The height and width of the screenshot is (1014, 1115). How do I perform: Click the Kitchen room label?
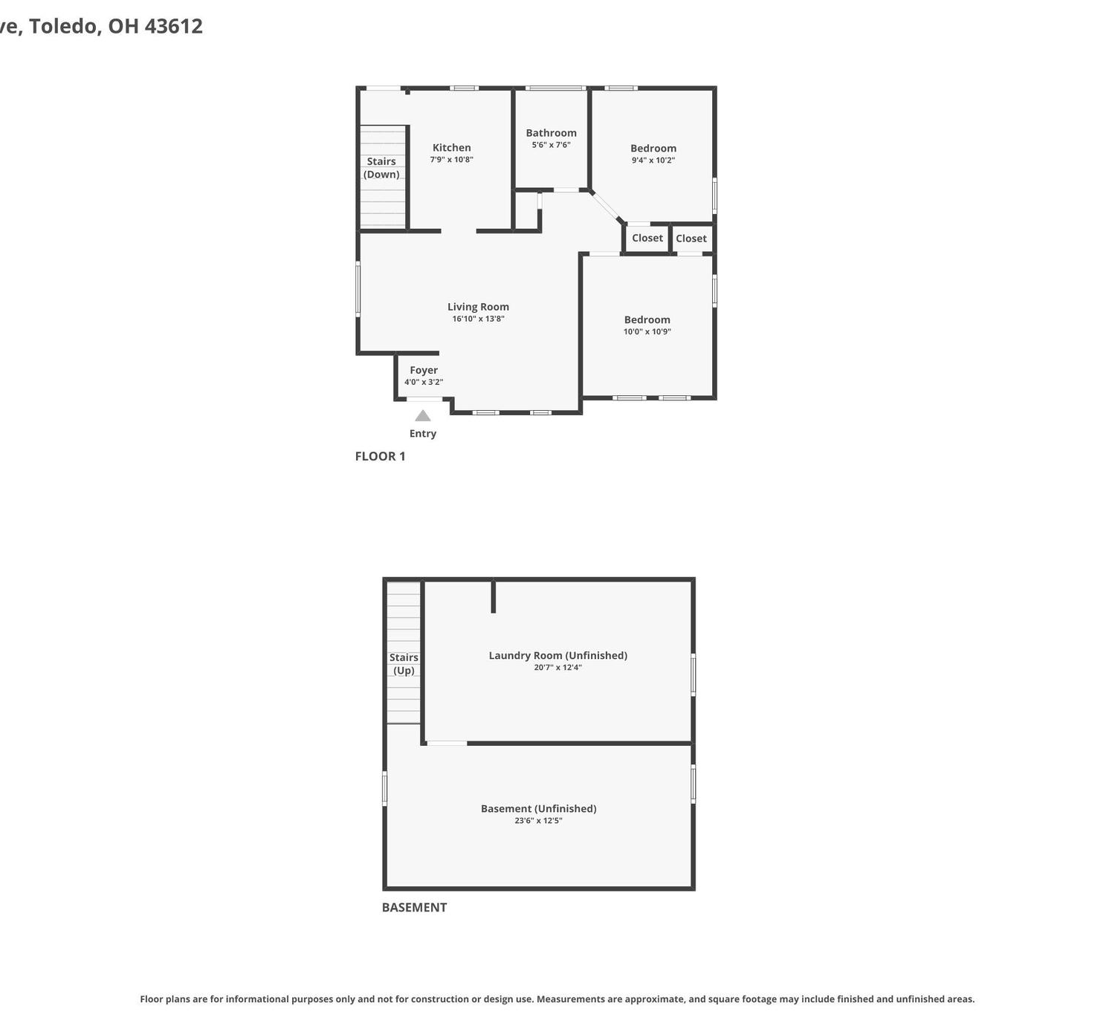451,148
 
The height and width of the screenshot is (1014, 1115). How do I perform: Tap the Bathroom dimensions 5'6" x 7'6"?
551,145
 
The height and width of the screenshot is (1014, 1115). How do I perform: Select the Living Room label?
478,308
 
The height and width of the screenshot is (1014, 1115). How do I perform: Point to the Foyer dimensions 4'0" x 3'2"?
424,383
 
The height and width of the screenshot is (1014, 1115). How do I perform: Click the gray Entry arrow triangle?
423,416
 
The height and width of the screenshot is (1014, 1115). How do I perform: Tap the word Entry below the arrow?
423,434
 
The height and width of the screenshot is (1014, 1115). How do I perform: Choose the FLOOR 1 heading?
380,456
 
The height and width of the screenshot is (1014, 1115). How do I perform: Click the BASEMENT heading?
414,907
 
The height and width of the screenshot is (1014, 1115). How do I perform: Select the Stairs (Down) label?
381,168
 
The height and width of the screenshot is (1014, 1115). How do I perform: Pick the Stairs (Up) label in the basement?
404,664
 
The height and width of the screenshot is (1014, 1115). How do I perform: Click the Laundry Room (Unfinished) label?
558,656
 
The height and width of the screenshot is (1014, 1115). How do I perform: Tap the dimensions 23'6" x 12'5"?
539,821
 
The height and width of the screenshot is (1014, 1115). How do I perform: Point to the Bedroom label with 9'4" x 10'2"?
653,149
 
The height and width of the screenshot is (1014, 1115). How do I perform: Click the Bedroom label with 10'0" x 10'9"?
647,320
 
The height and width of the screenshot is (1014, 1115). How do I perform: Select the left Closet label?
647,238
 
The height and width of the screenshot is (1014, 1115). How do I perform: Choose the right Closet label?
691,238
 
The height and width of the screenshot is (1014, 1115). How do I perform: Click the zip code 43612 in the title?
173,26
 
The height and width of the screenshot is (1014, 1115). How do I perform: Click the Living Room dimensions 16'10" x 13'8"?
478,319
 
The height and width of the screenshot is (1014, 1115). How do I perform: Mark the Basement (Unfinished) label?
539,809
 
